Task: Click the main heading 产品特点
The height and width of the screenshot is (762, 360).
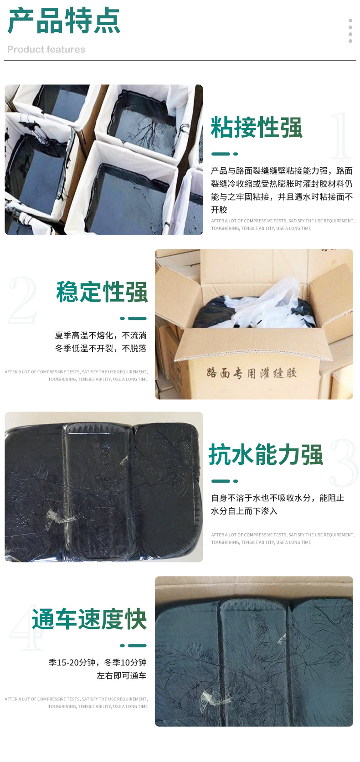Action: coord(64,21)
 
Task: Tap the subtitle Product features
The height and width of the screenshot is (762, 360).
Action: coord(46,50)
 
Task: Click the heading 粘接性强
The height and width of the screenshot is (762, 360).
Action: coord(257,128)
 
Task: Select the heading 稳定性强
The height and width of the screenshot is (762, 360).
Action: coord(102,292)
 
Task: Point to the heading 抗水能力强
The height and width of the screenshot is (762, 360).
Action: coord(266,455)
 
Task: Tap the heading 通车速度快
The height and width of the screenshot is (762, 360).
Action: coord(89,619)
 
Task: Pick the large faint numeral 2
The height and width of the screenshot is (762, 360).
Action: coord(23,300)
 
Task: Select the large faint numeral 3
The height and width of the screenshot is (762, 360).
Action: coord(344,463)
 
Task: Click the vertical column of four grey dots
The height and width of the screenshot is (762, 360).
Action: coord(350,31)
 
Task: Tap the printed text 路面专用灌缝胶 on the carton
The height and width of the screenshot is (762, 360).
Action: coord(252,373)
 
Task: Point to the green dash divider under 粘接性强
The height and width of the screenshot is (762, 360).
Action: coord(224,154)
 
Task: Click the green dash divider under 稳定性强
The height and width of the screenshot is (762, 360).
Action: coord(134,318)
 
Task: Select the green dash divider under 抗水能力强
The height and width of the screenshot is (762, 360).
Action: coord(224,481)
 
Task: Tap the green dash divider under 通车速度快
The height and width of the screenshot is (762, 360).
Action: coord(134,645)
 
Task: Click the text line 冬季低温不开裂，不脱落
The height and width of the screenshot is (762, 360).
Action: coord(101,349)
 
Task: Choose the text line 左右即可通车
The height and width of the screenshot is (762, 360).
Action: coord(121,676)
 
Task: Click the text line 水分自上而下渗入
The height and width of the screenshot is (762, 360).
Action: coord(244,511)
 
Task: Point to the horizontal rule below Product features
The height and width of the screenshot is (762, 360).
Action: coord(180,61)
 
